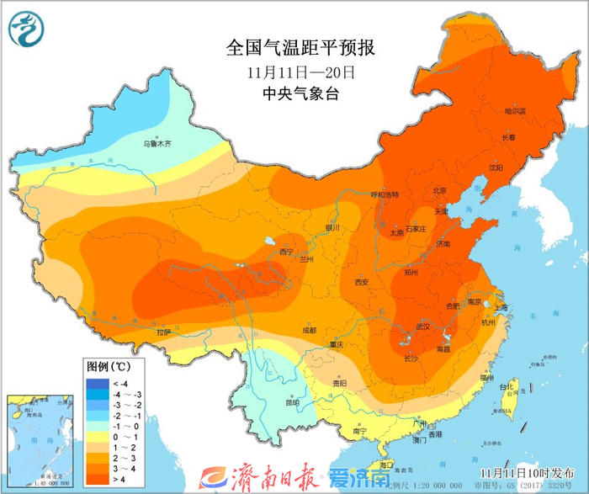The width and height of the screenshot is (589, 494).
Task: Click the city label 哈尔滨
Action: point(514,111)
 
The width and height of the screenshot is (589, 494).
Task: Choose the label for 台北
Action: point(507,387)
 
